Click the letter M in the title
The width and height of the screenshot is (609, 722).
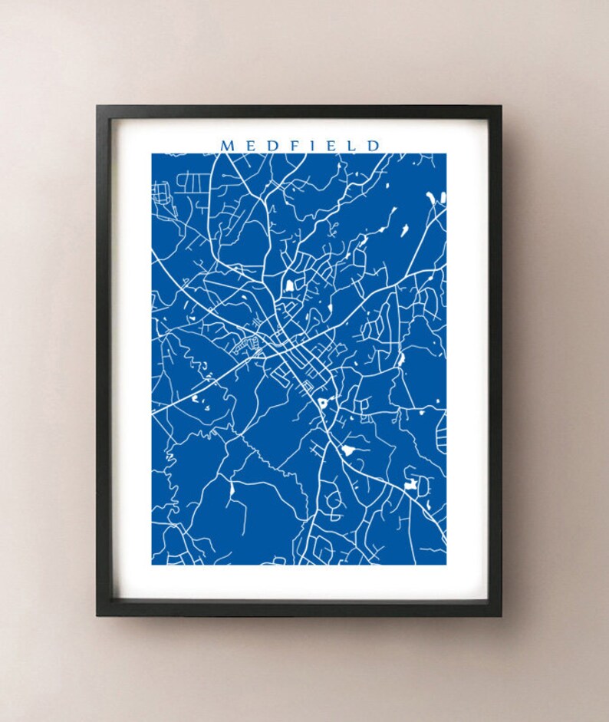pyautogui.click(x=227, y=145)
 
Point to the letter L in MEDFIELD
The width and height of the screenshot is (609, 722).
pyautogui.click(x=352, y=145)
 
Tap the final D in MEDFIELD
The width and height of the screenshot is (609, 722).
pyautogui.click(x=374, y=145)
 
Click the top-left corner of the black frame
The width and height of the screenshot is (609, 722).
pyautogui.click(x=97, y=107)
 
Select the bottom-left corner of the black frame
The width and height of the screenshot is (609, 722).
pyautogui.click(x=97, y=615)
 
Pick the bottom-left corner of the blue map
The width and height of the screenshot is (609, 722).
pyautogui.click(x=152, y=564)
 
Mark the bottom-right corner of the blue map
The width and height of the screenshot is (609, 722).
pyautogui.click(x=446, y=564)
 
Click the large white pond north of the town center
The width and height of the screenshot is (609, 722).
pyautogui.click(x=290, y=286)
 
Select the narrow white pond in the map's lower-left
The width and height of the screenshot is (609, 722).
pyautogui.click(x=231, y=488)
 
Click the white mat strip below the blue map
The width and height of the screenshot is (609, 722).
pyautogui.click(x=299, y=581)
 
